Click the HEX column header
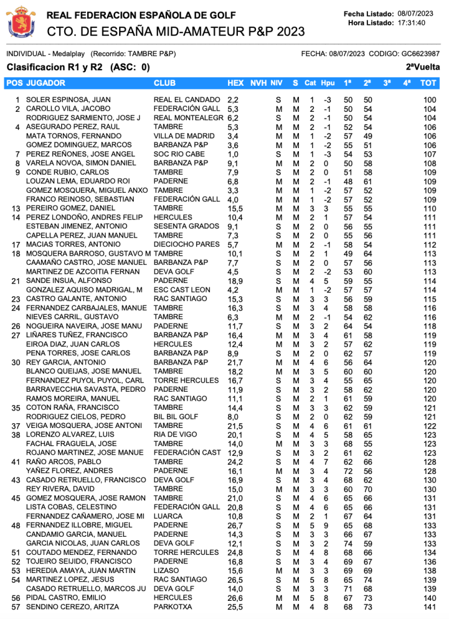tap(235, 82)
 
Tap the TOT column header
tap(428, 82)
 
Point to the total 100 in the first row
tap(430, 100)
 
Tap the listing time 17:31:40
tap(411, 23)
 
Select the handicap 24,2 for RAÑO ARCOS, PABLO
tap(235, 462)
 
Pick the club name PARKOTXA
tap(173, 607)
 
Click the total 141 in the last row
tap(430, 607)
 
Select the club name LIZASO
tap(166, 571)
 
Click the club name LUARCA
tap(168, 516)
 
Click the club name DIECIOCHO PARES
tap(186, 244)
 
